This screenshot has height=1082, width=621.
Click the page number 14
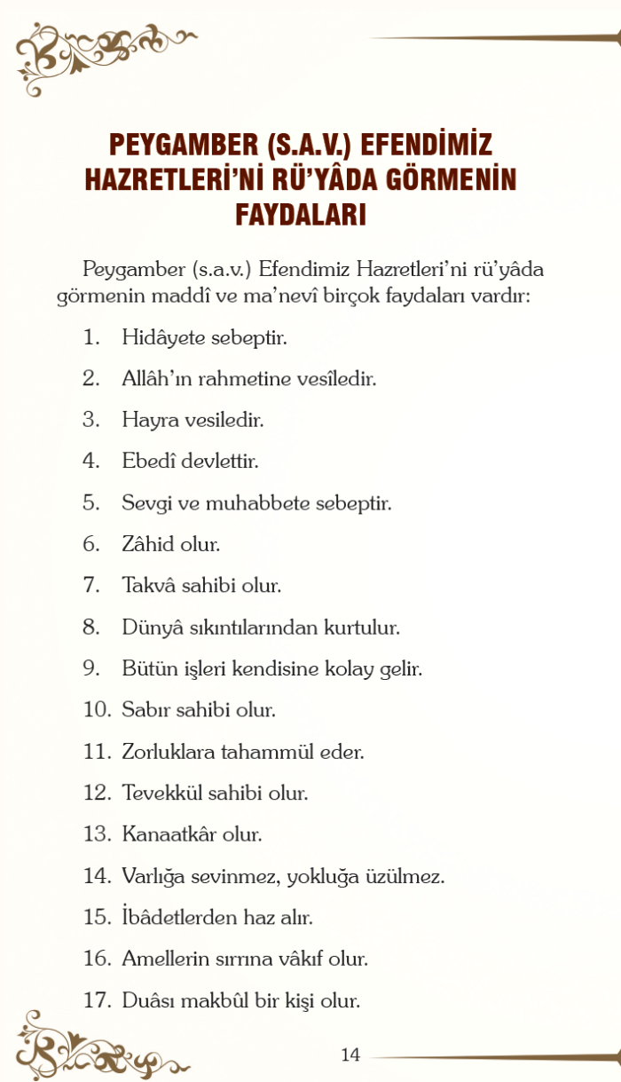pos(350,1054)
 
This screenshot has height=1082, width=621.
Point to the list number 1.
pos(91,337)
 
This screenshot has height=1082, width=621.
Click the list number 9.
pos(91,668)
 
